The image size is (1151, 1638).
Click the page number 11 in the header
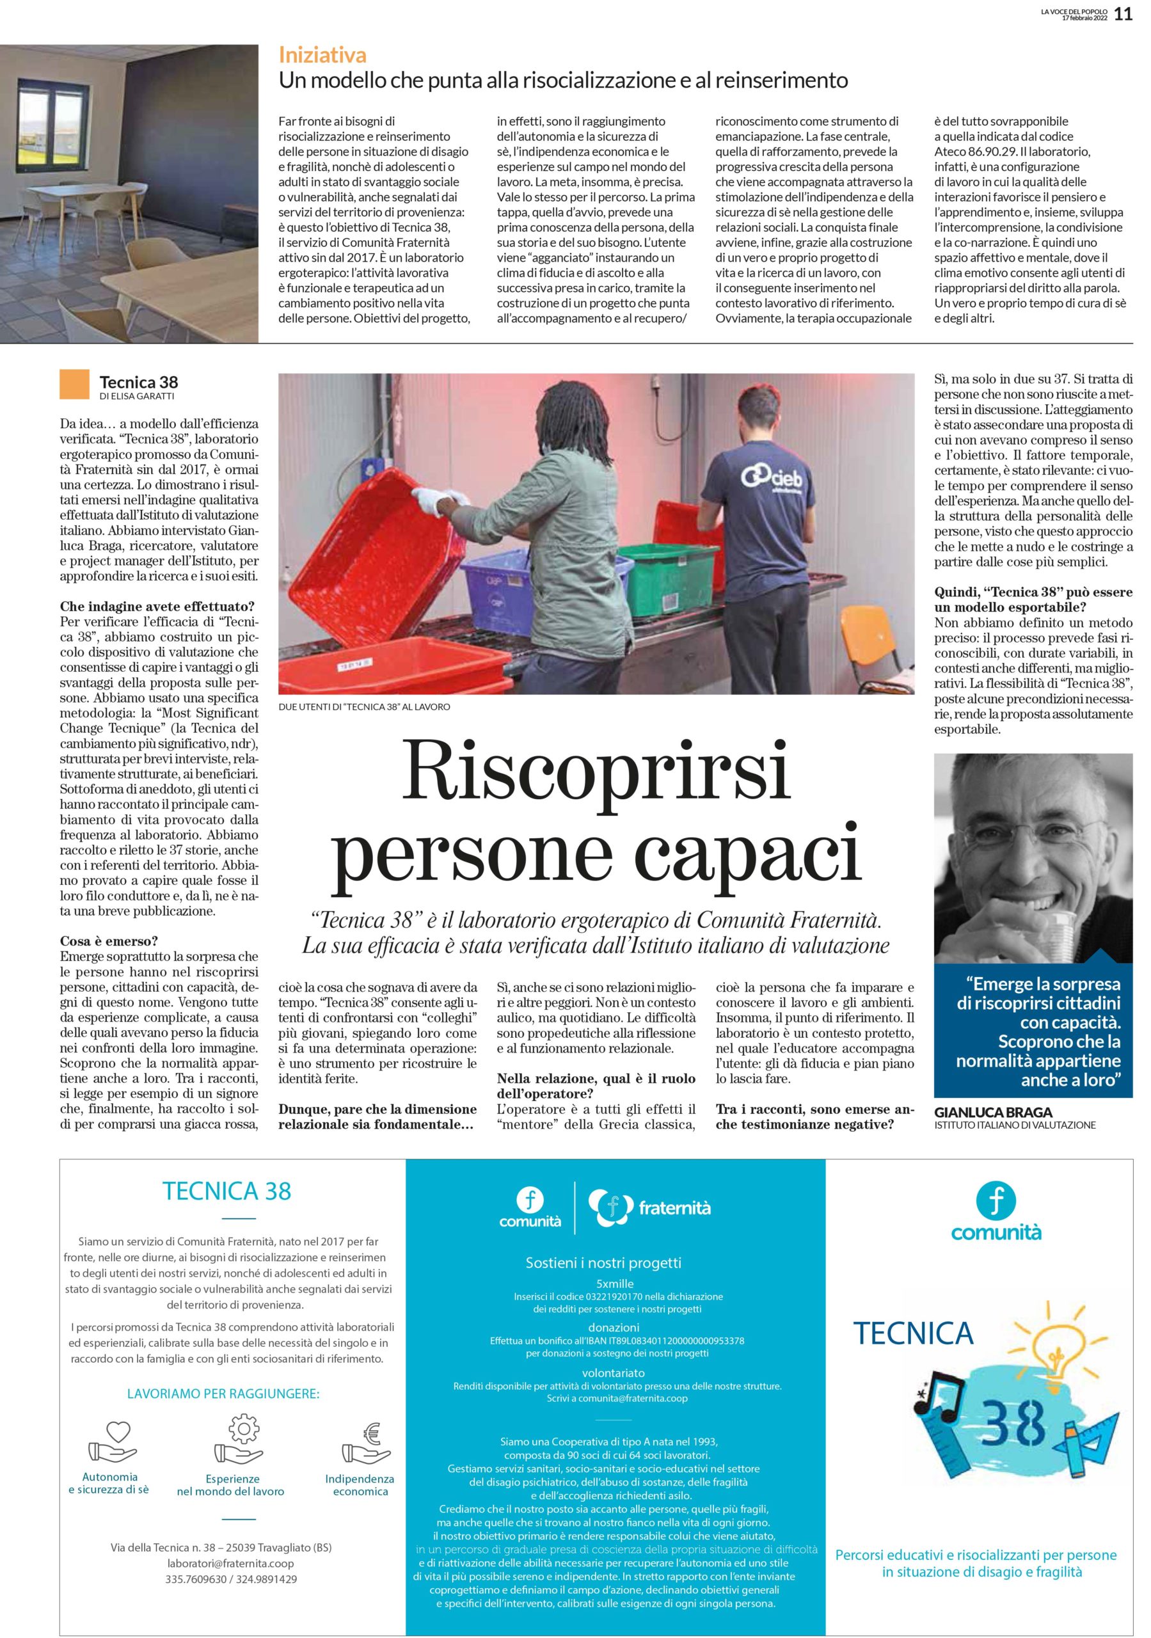pyautogui.click(x=1123, y=14)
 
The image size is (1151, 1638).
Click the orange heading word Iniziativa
pyautogui.click(x=322, y=55)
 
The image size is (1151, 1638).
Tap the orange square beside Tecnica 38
pyautogui.click(x=75, y=383)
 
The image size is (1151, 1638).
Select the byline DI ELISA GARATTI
pyautogui.click(x=137, y=396)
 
